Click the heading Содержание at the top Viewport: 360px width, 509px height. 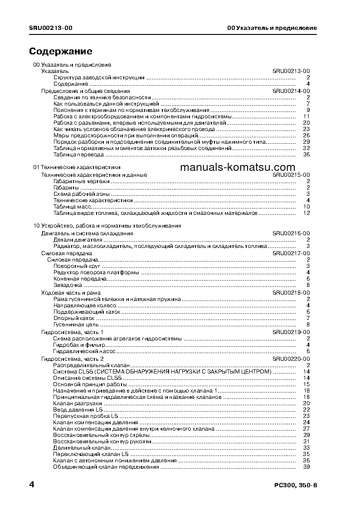pyautogui.click(x=61, y=51)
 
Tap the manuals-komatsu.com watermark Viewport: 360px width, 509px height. pyautogui.click(x=237, y=168)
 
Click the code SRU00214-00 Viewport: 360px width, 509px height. pyautogui.click(x=291, y=91)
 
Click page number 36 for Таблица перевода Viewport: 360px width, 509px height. pyautogui.click(x=306, y=155)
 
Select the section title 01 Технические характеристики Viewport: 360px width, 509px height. pyautogui.click(x=77, y=167)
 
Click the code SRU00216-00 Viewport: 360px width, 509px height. pyautogui.click(x=291, y=233)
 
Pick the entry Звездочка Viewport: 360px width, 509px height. pyautogui.click(x=68, y=285)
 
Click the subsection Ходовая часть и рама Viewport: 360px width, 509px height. pyautogui.click(x=71, y=293)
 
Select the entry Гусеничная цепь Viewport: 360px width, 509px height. pyautogui.click(x=76, y=325)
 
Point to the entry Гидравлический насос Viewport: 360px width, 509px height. pyautogui.click(x=84, y=351)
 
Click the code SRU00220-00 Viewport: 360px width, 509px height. pyautogui.click(x=291, y=359)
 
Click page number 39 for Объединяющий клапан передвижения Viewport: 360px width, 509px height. pyautogui.click(x=306, y=467)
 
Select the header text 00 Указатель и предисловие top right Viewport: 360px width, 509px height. pyautogui.click(x=272, y=28)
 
